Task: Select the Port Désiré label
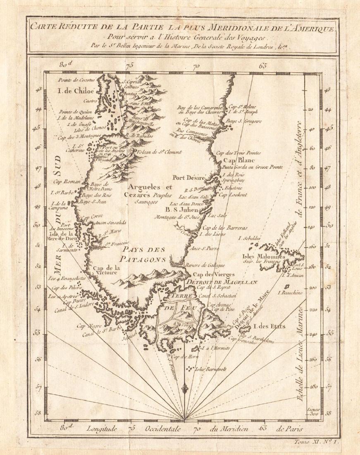coord(189,178)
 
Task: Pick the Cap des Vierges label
coord(209,274)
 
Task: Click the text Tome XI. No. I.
coord(316,442)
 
